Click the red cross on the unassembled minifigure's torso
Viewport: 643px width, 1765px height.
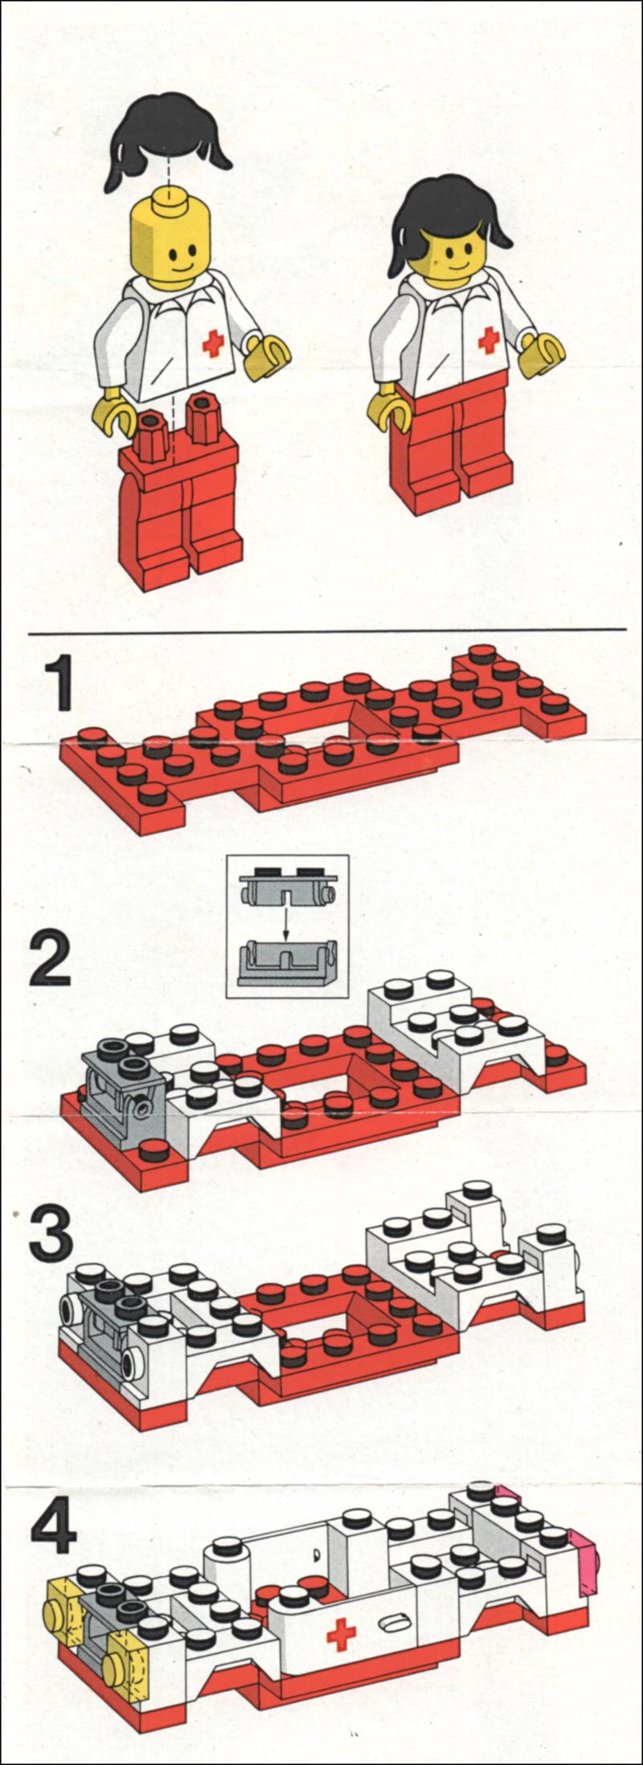[x=213, y=343]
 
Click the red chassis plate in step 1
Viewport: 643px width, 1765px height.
[x=321, y=747]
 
